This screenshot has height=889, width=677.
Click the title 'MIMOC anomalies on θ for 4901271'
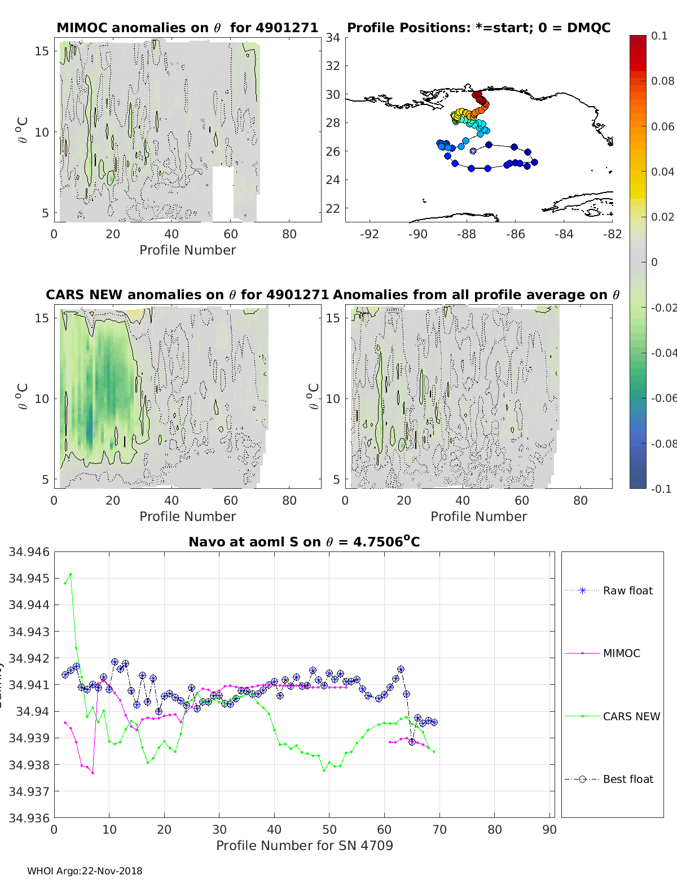pos(187,28)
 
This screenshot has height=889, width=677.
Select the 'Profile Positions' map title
pos(478,28)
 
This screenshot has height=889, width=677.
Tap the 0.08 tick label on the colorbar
pos(662,81)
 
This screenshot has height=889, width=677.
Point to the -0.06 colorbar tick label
pos(662,398)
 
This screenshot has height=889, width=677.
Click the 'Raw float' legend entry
pos(627,590)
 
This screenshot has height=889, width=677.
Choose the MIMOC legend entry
pos(621,653)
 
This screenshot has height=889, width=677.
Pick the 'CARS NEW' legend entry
pos(631,716)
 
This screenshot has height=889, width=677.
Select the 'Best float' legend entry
pos(628,779)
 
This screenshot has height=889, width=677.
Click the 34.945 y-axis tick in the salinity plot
pos(29,578)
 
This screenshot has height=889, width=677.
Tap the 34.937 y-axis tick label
pos(29,791)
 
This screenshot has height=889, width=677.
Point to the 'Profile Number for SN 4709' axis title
pos(304,846)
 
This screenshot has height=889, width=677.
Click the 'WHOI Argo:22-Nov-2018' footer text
pos(85,871)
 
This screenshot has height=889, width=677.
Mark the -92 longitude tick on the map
pos(370,234)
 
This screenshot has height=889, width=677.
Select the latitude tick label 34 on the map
pos(333,38)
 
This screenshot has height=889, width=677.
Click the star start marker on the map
pos(473,151)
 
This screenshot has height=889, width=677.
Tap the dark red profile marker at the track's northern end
pos(476,94)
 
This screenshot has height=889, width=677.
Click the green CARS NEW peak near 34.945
pos(71,575)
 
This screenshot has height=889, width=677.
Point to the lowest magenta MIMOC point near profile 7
pos(93,773)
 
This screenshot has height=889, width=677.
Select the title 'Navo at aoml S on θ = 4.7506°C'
pos(304,542)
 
